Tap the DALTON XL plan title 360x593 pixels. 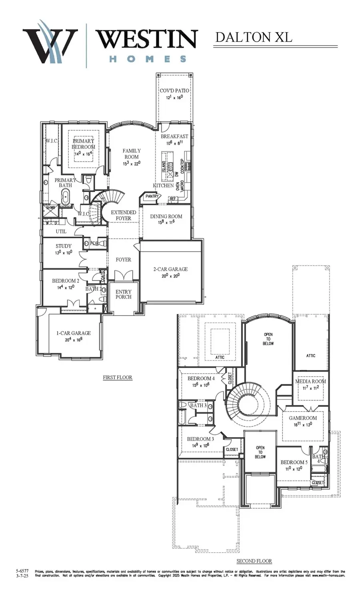coord(254,37)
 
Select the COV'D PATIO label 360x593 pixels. coord(174,91)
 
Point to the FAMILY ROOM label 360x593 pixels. coord(132,154)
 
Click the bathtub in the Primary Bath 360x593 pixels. coord(65,198)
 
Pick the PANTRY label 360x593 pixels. coord(152,196)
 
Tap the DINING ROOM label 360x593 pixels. coord(166,216)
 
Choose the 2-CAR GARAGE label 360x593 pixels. coord(170,269)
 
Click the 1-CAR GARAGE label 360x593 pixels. coord(73,333)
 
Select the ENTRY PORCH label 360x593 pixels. coord(123,294)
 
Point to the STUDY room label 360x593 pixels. coord(64,246)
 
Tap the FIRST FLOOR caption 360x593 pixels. coord(118,377)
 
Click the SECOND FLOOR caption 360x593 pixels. coord(254,561)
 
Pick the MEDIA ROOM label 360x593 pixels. coord(310,381)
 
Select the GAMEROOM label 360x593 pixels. coord(303,418)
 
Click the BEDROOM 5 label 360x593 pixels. coord(294,462)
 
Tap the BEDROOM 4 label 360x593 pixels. coord(201,378)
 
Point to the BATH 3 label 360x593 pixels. coord(198,405)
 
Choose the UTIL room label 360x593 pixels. coord(61,232)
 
